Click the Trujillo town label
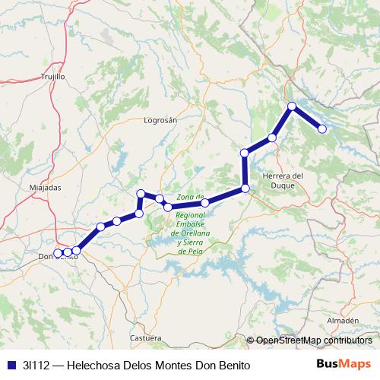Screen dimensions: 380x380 (x=53, y=77)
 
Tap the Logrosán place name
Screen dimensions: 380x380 (x=160, y=120)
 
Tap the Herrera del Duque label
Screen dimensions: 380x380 (x=282, y=180)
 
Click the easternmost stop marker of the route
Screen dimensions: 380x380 (x=322, y=129)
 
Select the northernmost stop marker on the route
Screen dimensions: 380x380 (x=292, y=106)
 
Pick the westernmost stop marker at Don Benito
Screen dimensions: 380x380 (x=59, y=252)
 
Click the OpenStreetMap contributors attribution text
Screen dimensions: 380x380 (x=314, y=341)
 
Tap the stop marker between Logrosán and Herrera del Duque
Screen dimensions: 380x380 (x=245, y=154)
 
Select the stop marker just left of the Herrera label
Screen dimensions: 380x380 (x=245, y=188)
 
